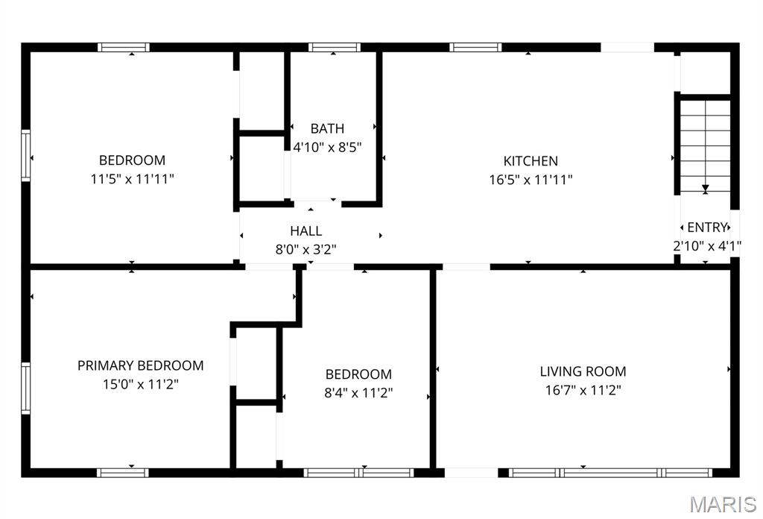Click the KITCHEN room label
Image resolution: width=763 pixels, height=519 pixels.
tap(531, 160)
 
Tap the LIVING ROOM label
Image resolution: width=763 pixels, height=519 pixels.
tap(583, 371)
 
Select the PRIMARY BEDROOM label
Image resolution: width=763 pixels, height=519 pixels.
tap(140, 365)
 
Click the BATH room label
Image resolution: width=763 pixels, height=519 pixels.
tap(328, 128)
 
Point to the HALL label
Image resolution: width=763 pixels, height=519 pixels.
tap(306, 230)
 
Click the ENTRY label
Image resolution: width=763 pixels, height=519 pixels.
tap(707, 227)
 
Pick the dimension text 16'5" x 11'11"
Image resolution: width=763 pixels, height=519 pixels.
tap(531, 180)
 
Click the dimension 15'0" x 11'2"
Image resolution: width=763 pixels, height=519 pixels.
tap(141, 385)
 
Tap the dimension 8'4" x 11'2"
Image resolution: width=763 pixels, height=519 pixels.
tap(358, 393)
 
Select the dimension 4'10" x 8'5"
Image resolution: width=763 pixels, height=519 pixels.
tap(328, 147)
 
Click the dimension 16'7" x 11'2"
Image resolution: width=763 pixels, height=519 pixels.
tap(583, 390)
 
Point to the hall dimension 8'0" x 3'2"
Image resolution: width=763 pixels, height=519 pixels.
tap(306, 250)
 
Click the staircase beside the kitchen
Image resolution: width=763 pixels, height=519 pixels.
tap(705, 145)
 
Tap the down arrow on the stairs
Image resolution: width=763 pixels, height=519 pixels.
tap(705, 189)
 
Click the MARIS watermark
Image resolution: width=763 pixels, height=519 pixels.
tap(724, 504)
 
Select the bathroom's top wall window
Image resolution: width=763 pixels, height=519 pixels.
tap(335, 47)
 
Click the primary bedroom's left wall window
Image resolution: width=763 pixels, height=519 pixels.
tap(25, 388)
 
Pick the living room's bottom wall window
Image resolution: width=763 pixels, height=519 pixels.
tap(611, 473)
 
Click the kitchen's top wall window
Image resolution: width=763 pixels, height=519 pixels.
tap(475, 47)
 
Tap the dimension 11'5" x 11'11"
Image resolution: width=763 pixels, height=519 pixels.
tap(133, 179)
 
